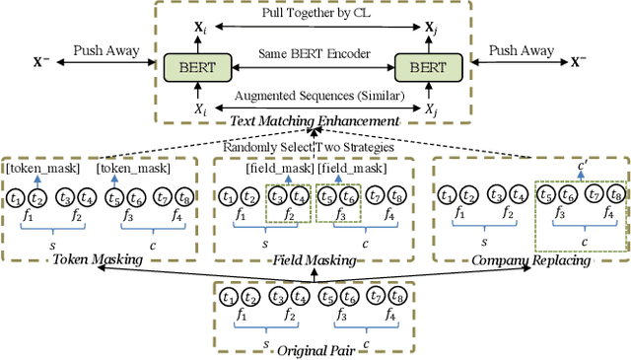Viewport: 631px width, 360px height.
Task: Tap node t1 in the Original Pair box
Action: tap(229, 295)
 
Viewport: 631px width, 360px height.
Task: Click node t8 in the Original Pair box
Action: tap(395, 295)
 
